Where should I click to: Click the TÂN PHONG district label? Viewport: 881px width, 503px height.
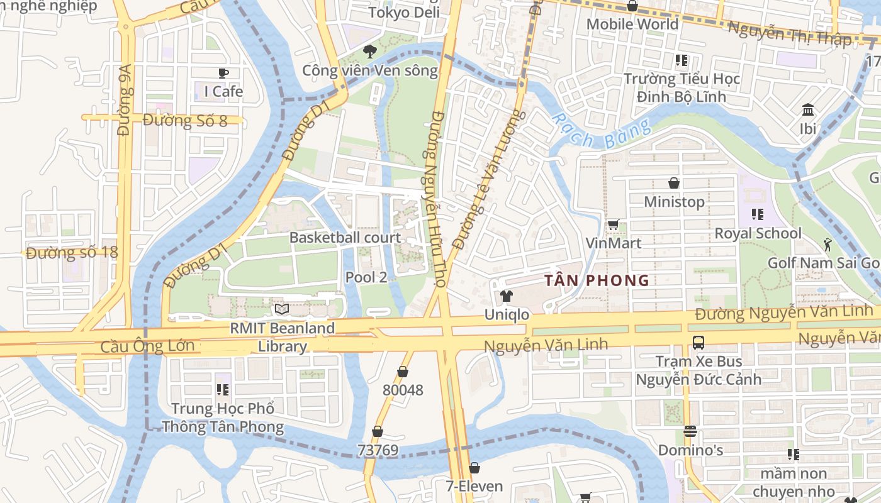coord(597,280)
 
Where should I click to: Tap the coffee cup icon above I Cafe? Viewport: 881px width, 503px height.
coord(223,74)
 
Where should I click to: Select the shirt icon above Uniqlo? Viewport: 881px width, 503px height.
coord(507,296)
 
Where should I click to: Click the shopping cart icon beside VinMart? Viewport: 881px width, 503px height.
coord(613,224)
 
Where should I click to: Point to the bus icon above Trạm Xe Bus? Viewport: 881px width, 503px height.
coord(698,343)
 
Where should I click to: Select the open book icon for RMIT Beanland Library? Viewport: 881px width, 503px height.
coord(282,309)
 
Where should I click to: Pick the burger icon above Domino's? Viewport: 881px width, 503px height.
coord(690,431)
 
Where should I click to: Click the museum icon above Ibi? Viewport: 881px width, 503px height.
coord(808,111)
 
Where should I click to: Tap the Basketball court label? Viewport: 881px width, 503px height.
coord(345,238)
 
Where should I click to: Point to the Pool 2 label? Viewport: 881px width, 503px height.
coord(366,277)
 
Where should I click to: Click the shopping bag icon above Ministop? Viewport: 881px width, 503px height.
coord(674,183)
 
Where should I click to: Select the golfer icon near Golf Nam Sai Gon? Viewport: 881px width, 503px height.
coord(827,244)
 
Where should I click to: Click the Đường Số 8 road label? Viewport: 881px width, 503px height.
coord(185,120)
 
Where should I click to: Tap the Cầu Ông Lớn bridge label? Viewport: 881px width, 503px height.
coord(147,346)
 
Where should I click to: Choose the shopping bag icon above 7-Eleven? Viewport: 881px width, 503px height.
coord(474,468)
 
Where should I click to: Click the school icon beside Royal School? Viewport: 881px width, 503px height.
coord(757,214)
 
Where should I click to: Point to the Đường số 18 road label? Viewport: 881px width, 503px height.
coord(72,253)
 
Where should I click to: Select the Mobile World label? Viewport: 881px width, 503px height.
coord(632,24)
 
